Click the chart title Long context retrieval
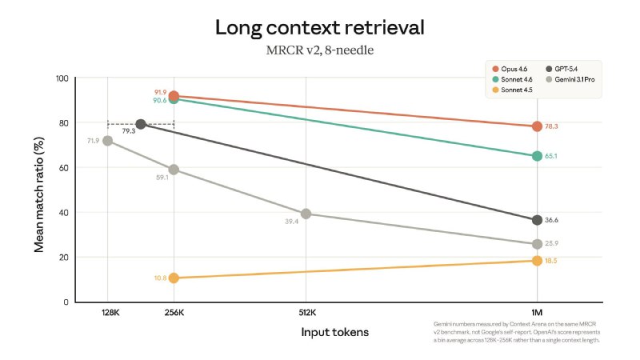click(x=319, y=27)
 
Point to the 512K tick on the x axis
click(x=307, y=313)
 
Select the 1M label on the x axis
click(x=537, y=313)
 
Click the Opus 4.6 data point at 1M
click(x=537, y=126)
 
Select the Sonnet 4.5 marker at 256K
click(x=174, y=278)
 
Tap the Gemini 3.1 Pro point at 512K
click(x=306, y=214)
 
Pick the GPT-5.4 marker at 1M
click(x=537, y=220)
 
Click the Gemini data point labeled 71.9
click(x=107, y=141)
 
